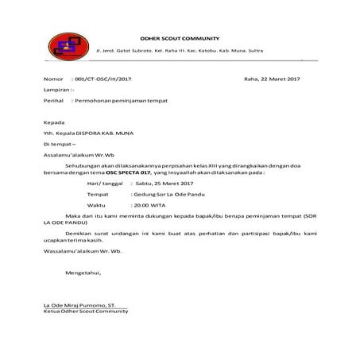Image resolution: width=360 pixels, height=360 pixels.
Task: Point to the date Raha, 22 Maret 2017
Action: tap(272, 80)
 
